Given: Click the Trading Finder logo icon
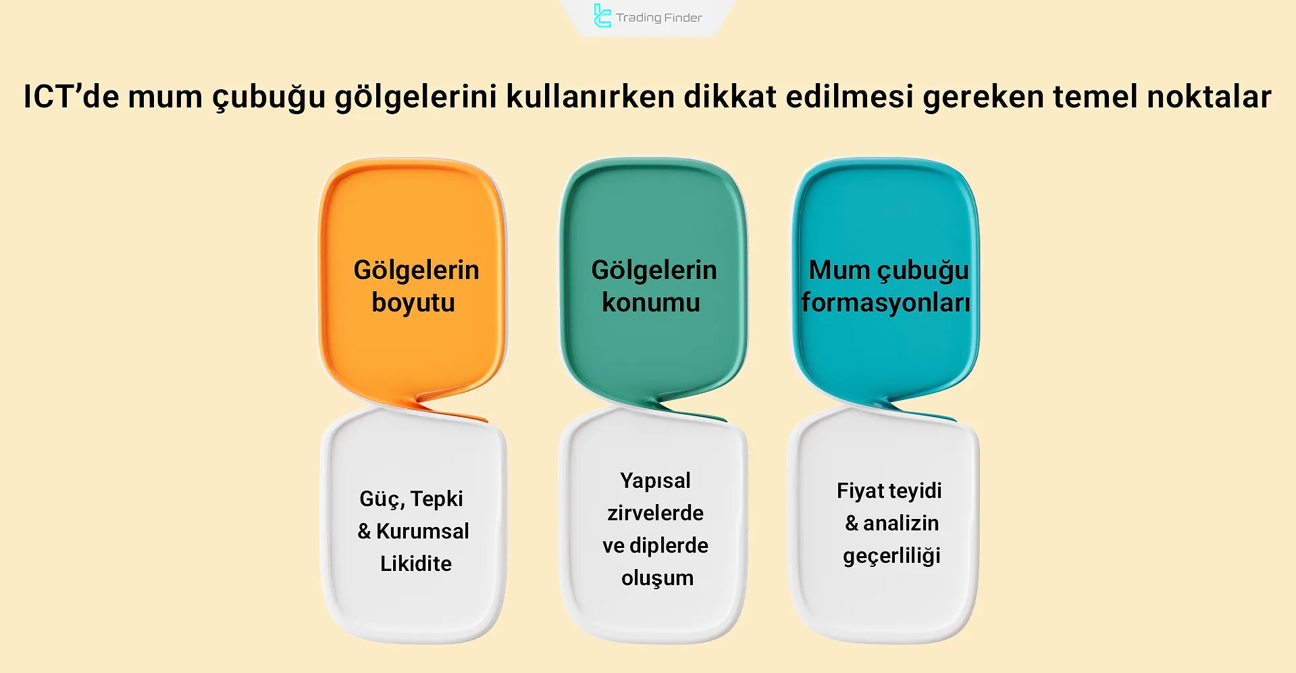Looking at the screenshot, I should [x=601, y=16].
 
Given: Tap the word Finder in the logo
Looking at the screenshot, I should [x=683, y=18].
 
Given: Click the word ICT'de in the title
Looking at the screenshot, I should [x=71, y=96].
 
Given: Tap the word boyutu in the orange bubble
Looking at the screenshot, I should [x=413, y=303].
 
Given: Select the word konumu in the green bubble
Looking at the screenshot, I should [x=651, y=302].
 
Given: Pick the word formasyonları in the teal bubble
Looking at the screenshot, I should [x=885, y=303].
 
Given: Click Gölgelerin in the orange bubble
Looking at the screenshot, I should [x=416, y=270].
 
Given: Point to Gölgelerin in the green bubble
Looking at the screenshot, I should [x=654, y=270].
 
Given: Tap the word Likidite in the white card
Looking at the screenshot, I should [x=415, y=564].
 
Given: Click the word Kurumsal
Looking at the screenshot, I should [x=422, y=531].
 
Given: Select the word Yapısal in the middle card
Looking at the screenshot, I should [x=655, y=480].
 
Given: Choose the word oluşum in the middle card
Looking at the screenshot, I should [x=657, y=578].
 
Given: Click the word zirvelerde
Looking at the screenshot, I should [x=655, y=513].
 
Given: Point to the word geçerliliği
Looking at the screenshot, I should [x=891, y=556].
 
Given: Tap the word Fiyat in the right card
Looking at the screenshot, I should [x=856, y=491].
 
